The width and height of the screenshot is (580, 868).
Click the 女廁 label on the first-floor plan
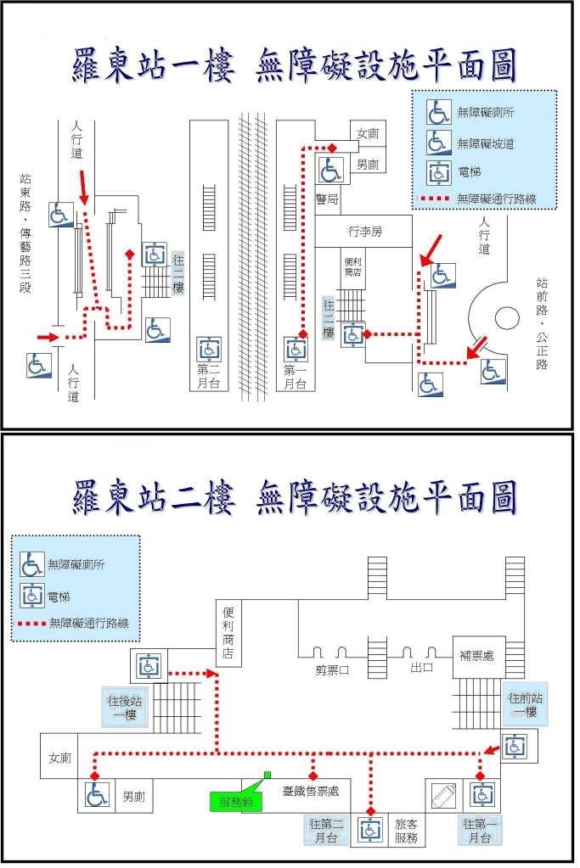pyautogui.click(x=368, y=133)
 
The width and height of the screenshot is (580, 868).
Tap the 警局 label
pyautogui.click(x=327, y=199)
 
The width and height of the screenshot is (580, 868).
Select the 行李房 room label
pyautogui.click(x=365, y=231)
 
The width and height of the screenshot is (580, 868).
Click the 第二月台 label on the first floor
pyautogui.click(x=209, y=376)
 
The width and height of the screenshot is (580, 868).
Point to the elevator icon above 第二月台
pyautogui.click(x=209, y=349)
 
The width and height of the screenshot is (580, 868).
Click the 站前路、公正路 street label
pyautogui.click(x=542, y=322)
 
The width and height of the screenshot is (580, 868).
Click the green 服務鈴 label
pyautogui.click(x=235, y=800)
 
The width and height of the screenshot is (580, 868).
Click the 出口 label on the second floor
pyautogui.click(x=420, y=668)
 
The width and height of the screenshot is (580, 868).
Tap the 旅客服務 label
pyautogui.click(x=407, y=831)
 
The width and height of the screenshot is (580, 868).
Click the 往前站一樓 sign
pyautogui.click(x=525, y=705)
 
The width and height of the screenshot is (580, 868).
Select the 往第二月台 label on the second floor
pyautogui.click(x=325, y=831)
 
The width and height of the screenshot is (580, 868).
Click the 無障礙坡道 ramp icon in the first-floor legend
pyautogui.click(x=438, y=142)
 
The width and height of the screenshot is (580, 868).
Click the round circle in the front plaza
pyautogui.click(x=508, y=318)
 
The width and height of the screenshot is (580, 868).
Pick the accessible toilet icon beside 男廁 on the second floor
pyautogui.click(x=97, y=795)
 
